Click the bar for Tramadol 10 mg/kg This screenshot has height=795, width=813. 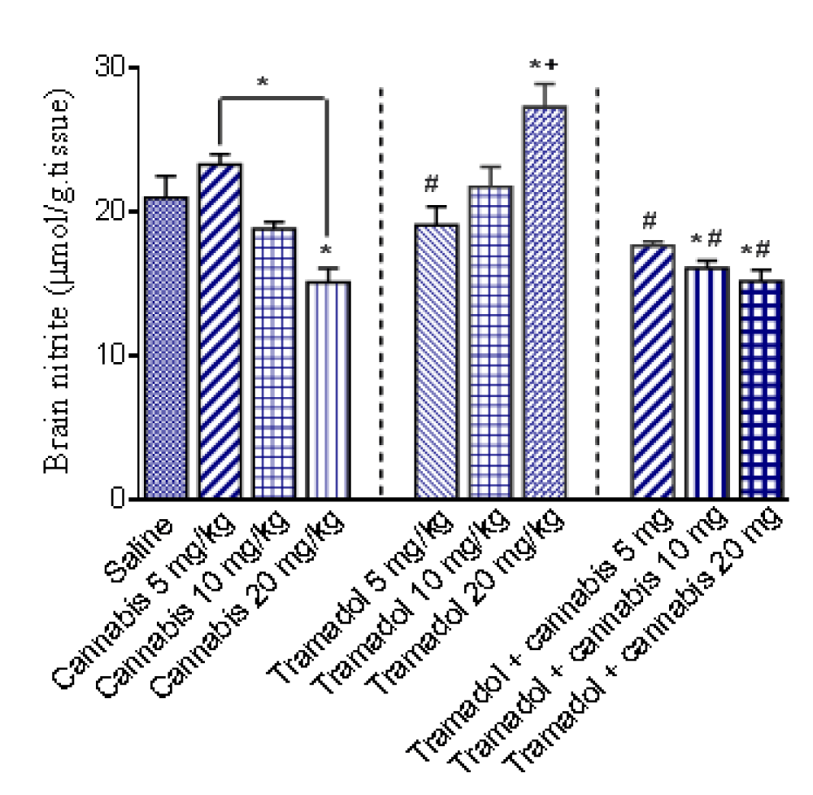click(x=490, y=342)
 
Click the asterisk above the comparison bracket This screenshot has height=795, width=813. click(x=262, y=81)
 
